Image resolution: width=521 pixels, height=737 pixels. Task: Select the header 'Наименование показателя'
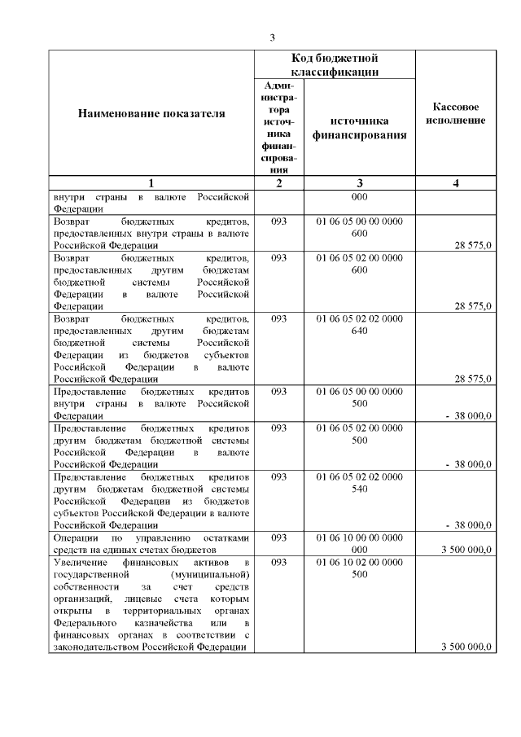(151, 114)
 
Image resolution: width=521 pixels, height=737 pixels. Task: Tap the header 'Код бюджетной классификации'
(335, 65)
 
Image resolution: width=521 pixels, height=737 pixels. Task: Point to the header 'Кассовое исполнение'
(455, 114)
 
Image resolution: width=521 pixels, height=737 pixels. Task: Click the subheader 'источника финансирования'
(359, 128)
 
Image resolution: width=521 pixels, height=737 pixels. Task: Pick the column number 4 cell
(455, 183)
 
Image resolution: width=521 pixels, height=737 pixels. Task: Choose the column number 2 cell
(279, 183)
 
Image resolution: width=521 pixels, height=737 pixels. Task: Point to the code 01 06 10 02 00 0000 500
(359, 568)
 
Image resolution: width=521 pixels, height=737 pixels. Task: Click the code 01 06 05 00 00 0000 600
(359, 227)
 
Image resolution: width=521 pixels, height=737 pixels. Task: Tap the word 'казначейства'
(166, 623)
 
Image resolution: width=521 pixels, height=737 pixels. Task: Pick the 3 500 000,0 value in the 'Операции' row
(466, 550)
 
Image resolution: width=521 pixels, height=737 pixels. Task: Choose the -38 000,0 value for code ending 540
(469, 525)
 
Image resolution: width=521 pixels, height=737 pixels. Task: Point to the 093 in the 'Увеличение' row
(279, 562)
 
